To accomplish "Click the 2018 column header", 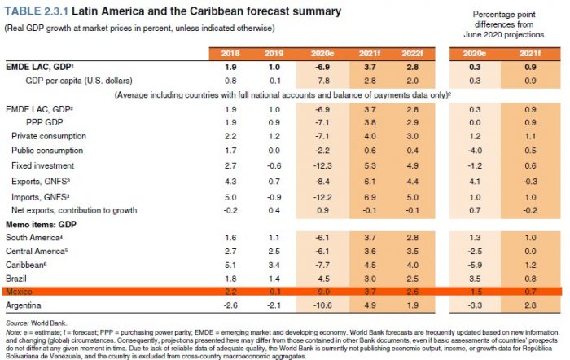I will [231, 54].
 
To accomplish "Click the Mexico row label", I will [20, 291].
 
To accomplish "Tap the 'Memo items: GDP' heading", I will [40, 222].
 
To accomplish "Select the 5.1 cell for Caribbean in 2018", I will [231, 264].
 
